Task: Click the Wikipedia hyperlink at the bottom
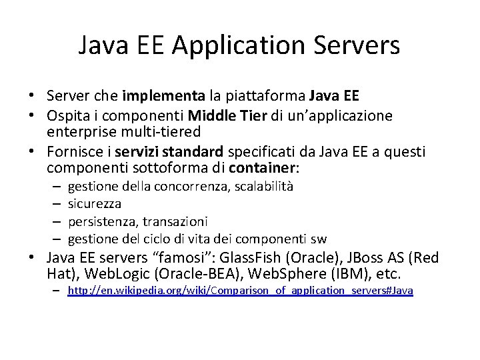pos(241,292)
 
